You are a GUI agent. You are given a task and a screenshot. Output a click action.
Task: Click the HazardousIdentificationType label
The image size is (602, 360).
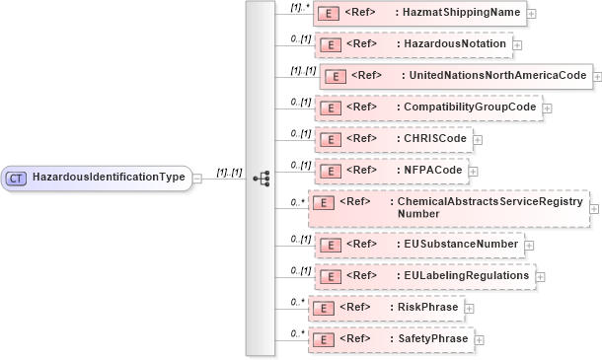coord(109,179)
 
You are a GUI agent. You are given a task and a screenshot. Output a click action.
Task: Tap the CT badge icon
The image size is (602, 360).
coord(17,179)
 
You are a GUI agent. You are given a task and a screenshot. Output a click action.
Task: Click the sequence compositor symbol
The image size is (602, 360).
coord(262,179)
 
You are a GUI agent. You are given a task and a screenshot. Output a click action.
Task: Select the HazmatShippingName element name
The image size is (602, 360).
coord(457,14)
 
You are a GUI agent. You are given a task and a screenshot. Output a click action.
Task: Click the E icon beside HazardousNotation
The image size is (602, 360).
coord(333,44)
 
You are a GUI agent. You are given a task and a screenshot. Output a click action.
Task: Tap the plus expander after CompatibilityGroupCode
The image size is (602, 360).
coord(547,108)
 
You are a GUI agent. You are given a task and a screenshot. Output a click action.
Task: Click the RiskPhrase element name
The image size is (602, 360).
coord(426,308)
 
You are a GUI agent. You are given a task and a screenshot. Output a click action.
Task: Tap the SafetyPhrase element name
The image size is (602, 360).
coord(431,339)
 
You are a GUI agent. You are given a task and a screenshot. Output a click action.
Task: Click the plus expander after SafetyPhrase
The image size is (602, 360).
coord(480,340)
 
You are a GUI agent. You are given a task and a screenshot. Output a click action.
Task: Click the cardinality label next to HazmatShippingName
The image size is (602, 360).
coord(301,8)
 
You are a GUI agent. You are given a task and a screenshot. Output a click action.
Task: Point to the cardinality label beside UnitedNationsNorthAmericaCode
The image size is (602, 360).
coord(302,70)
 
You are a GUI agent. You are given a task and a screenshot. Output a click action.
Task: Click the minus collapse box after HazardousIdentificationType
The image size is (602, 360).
coord(197,179)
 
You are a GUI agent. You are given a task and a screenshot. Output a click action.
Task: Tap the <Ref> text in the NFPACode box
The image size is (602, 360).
coord(361,171)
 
